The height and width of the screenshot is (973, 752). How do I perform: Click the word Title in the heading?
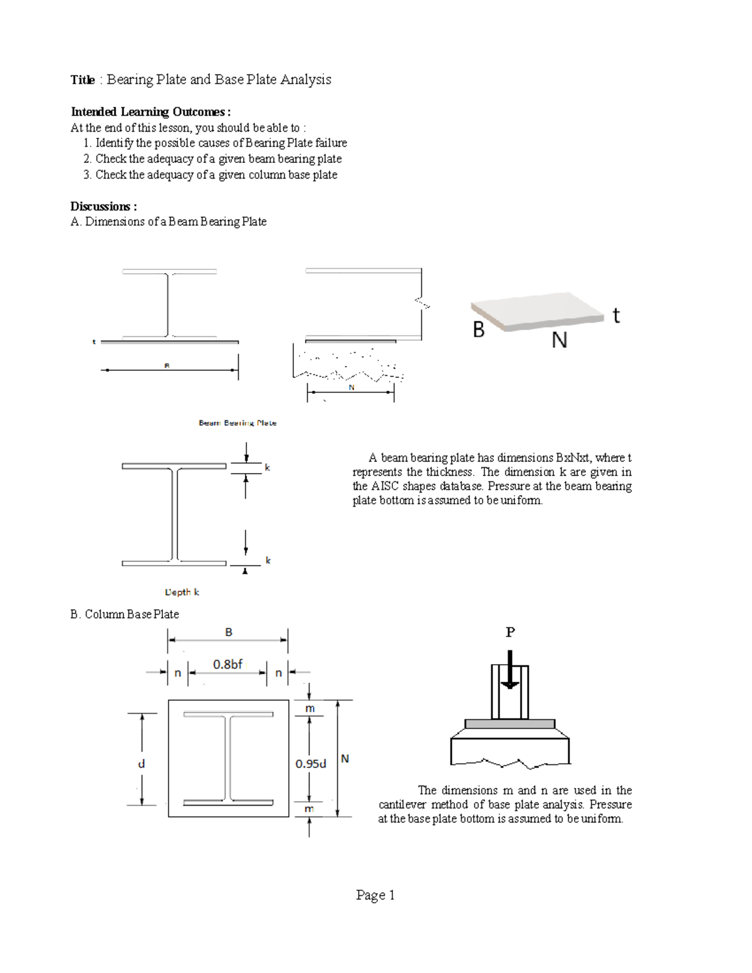[82, 80]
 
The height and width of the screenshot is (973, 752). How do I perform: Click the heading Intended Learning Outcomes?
[150, 112]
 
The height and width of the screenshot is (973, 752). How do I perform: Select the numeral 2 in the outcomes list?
[86, 159]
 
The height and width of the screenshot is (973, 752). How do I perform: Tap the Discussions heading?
[103, 207]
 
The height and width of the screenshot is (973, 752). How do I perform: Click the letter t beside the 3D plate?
[617, 315]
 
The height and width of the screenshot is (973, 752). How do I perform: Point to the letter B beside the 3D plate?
[479, 330]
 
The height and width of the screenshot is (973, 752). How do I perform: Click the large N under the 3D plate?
[560, 340]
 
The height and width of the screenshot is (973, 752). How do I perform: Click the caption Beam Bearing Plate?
[238, 423]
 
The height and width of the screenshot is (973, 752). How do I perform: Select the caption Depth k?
[182, 592]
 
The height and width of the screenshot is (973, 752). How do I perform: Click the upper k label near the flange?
[268, 467]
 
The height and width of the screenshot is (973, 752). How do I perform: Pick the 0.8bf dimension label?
[227, 664]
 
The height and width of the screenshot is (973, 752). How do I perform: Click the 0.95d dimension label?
[311, 764]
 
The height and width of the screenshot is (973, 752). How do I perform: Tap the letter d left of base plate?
[141, 764]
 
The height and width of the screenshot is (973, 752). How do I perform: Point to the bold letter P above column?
[510, 632]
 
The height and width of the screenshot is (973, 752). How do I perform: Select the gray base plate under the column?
[510, 724]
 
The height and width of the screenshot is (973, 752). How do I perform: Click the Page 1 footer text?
[375, 895]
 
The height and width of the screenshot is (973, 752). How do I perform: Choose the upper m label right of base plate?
[310, 709]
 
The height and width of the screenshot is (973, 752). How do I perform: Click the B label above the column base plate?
[229, 632]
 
